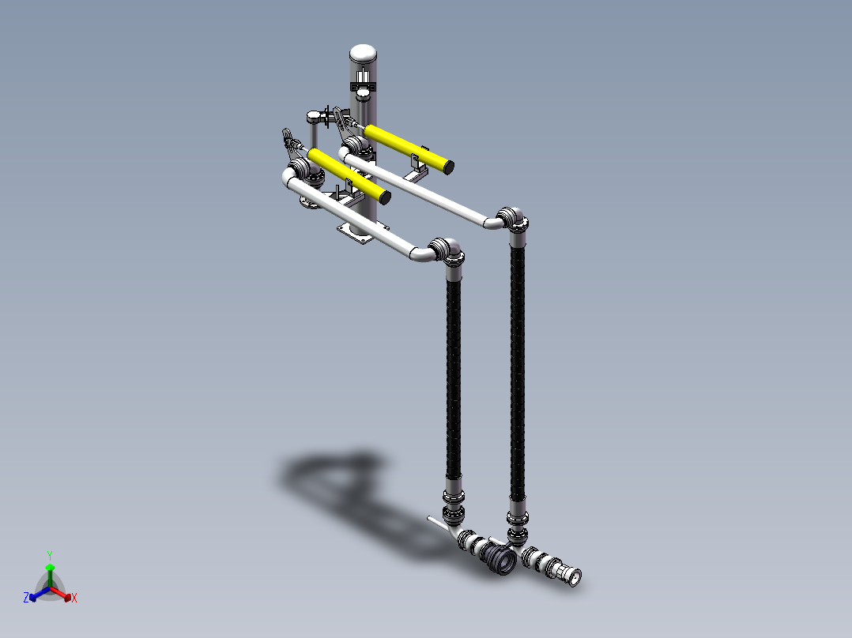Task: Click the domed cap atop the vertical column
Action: (x=363, y=53)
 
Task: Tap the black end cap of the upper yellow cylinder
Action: (x=447, y=167)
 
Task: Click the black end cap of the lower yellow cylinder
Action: (x=385, y=197)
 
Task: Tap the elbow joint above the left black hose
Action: (x=447, y=250)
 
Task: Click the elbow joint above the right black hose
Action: (x=512, y=218)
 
